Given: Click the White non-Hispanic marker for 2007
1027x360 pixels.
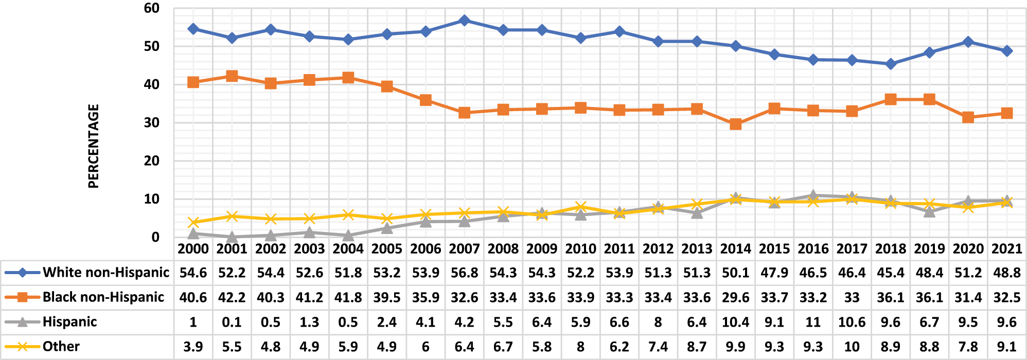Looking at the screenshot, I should point(464,21).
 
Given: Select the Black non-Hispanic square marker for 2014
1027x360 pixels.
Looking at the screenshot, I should point(736,124).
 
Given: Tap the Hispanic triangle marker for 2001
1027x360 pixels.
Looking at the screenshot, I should point(232,237).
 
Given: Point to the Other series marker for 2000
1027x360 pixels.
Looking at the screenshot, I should point(193,222).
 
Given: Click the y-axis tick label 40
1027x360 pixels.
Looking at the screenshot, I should point(152,84).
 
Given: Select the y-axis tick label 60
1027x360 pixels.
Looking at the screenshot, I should point(152,8).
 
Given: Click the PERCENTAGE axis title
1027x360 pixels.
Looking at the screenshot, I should point(93,146).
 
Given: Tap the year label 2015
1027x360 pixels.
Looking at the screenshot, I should point(774,249).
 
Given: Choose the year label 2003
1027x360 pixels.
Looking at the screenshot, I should point(309,249).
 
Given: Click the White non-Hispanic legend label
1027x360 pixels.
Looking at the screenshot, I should point(105,272).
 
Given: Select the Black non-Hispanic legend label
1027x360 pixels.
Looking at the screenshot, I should point(103,297).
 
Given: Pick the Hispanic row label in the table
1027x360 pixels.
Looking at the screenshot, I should point(69,322).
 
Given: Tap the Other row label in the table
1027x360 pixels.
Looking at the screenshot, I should point(61,346).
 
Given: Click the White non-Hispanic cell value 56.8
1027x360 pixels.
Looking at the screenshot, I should point(464,273).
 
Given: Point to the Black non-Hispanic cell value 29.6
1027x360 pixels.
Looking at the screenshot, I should point(736,297).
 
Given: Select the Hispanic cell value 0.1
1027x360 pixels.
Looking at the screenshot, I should point(232,322).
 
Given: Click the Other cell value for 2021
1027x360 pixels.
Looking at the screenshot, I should point(1007,347).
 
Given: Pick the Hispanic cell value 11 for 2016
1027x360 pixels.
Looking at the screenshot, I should point(813,322).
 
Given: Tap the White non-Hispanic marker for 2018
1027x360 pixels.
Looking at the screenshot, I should point(891,64).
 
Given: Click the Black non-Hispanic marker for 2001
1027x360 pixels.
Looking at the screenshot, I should point(232,76).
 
